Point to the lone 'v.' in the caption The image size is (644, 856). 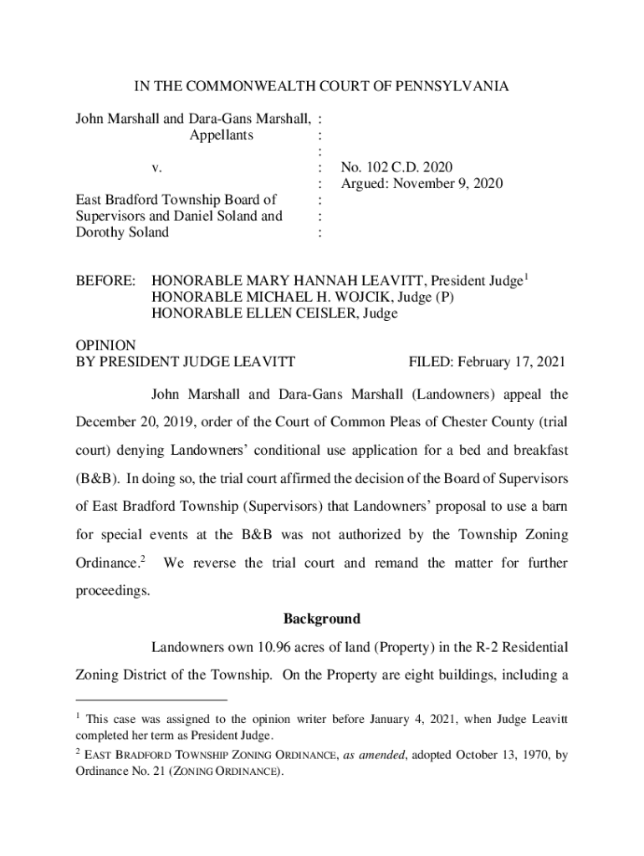pyautogui.click(x=156, y=167)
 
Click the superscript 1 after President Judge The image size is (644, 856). pyautogui.click(x=527, y=276)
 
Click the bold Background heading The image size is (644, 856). pyautogui.click(x=322, y=619)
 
